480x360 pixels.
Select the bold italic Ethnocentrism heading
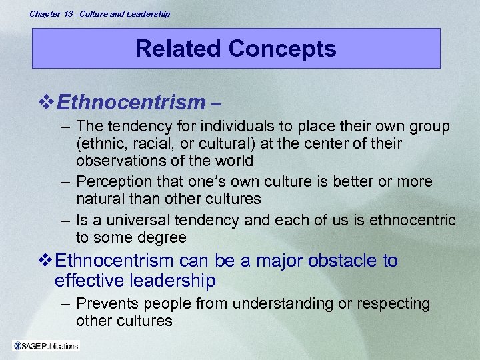[x=131, y=103]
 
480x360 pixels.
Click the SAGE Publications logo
[x=46, y=345]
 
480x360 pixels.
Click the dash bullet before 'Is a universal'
[x=65, y=220]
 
